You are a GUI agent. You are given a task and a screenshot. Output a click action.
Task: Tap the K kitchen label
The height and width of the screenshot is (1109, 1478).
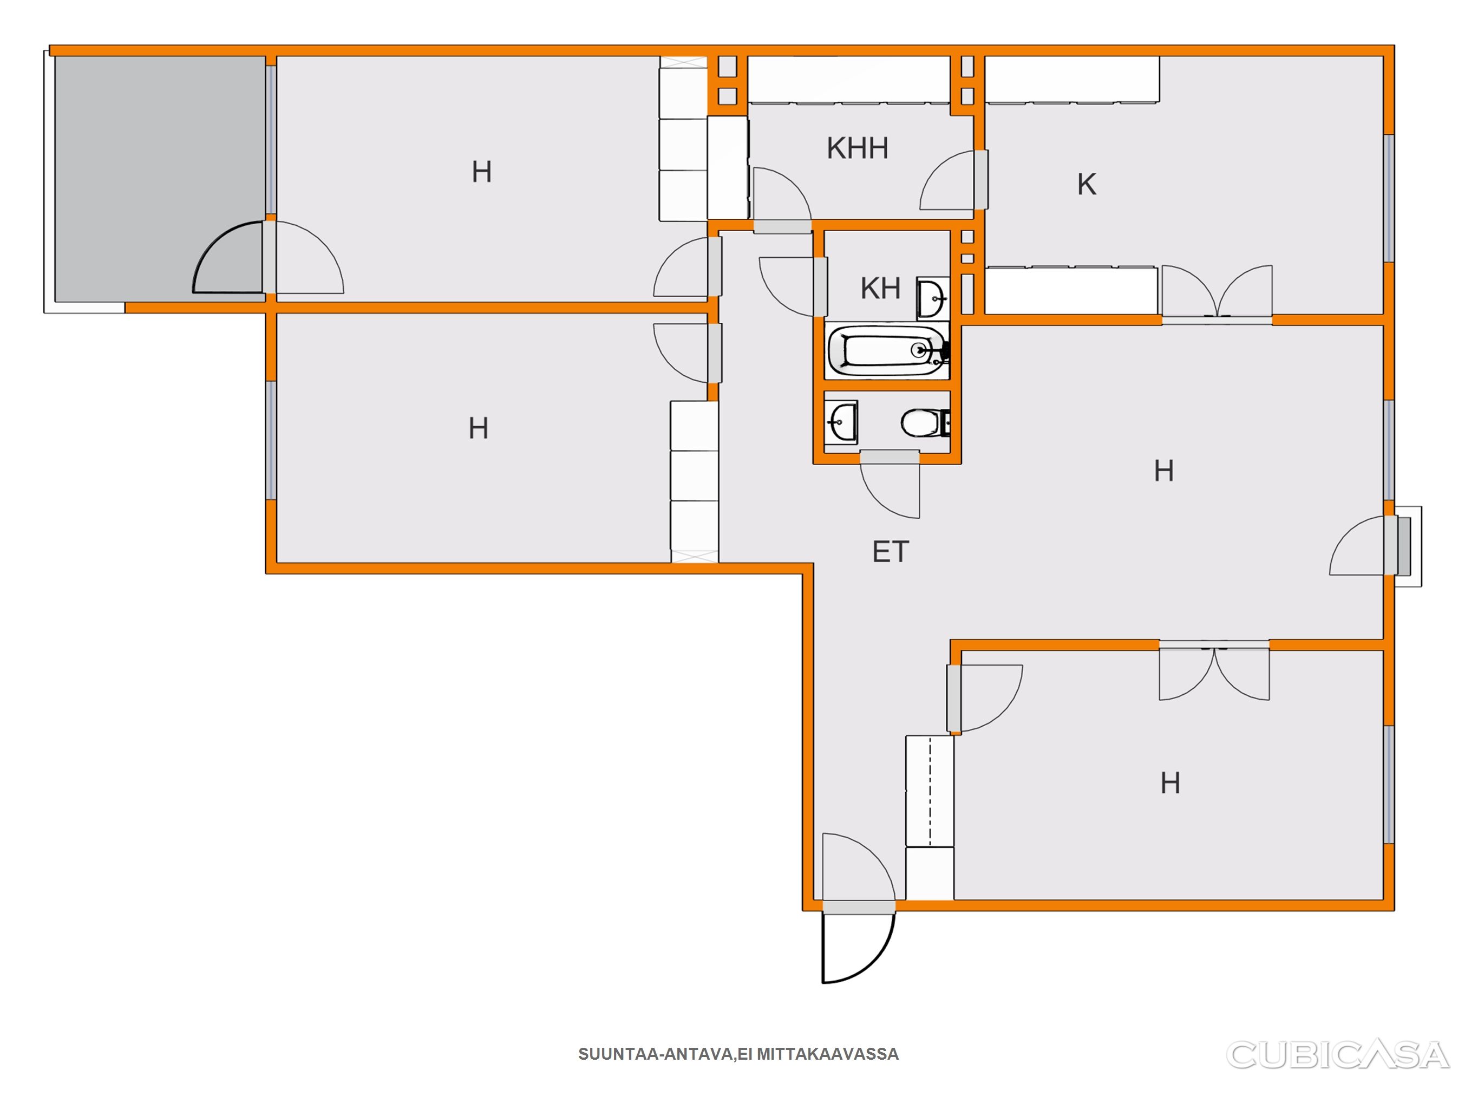(1087, 185)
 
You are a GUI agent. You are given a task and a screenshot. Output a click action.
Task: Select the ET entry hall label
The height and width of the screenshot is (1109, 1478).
(891, 552)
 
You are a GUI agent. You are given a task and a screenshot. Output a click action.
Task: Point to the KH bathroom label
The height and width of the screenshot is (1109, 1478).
(881, 289)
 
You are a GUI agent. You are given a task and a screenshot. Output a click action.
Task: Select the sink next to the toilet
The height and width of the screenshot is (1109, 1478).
(841, 422)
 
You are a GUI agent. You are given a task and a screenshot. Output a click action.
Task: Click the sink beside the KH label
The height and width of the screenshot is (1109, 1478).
(933, 297)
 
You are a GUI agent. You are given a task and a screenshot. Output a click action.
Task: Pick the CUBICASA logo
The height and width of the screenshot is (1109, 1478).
(1338, 1055)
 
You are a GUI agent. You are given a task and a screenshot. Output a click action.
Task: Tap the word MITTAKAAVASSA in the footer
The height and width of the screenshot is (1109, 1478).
(827, 1054)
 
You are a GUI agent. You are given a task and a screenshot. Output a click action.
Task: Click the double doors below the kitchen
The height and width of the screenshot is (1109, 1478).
(1217, 292)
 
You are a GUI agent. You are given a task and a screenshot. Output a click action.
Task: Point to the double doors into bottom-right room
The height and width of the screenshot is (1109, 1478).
(1214, 673)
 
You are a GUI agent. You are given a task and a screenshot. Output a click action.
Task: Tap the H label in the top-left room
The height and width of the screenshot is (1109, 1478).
(482, 172)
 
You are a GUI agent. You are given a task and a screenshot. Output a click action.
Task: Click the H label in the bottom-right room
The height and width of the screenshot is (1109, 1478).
(1170, 783)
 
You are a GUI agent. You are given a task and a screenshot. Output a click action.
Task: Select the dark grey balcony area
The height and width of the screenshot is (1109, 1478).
(159, 179)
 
